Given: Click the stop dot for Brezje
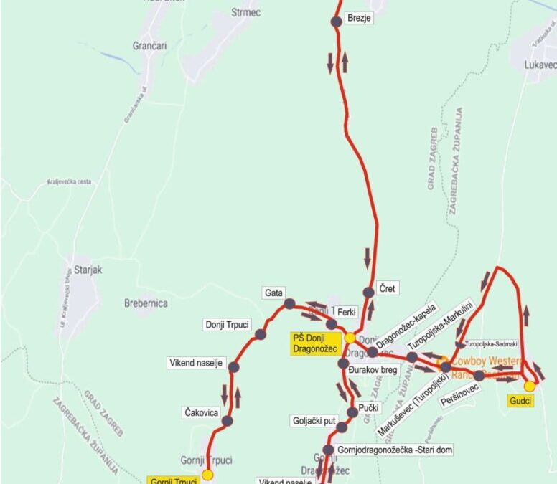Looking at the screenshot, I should [x=337, y=22].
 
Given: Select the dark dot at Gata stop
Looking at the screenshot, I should [x=289, y=304].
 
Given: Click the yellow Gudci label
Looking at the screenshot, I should [x=521, y=401].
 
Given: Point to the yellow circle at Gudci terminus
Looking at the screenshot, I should [x=530, y=386].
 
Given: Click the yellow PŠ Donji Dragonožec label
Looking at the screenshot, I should [x=316, y=343].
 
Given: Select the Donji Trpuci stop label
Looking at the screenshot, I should [x=226, y=324].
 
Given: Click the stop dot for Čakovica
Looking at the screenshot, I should [x=228, y=421].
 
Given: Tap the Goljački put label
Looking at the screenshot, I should [x=314, y=421].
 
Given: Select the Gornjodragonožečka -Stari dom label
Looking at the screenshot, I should [x=394, y=450].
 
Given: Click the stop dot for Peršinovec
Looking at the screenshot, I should [x=479, y=375].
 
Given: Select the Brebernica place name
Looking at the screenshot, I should [x=146, y=303].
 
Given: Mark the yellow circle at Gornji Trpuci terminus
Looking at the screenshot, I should [x=208, y=474].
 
